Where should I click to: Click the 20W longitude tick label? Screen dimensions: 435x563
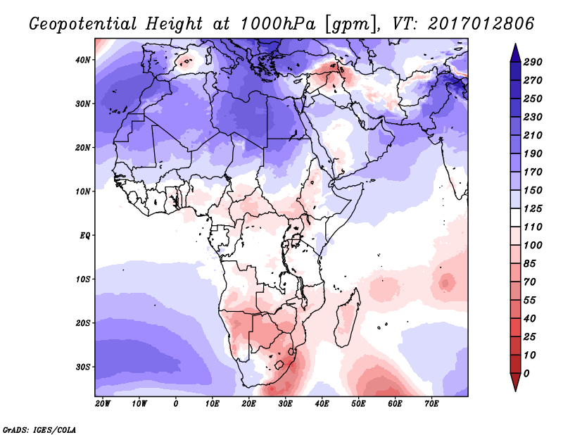(103, 404)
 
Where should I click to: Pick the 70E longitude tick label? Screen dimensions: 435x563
(432, 404)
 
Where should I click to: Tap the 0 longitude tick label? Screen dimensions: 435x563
(176, 404)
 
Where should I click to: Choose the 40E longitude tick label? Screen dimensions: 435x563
(322, 404)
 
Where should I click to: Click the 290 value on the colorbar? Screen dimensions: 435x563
(533, 63)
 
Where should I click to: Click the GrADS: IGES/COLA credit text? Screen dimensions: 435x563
(39, 428)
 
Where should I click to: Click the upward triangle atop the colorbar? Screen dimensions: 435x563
(515, 51)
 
